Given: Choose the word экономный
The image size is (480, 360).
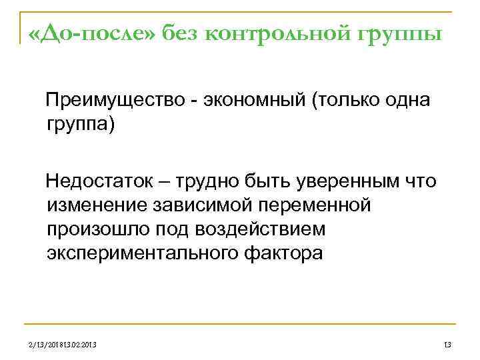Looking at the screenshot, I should [x=250, y=101].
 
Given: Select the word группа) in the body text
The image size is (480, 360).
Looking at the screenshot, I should [x=81, y=125].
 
